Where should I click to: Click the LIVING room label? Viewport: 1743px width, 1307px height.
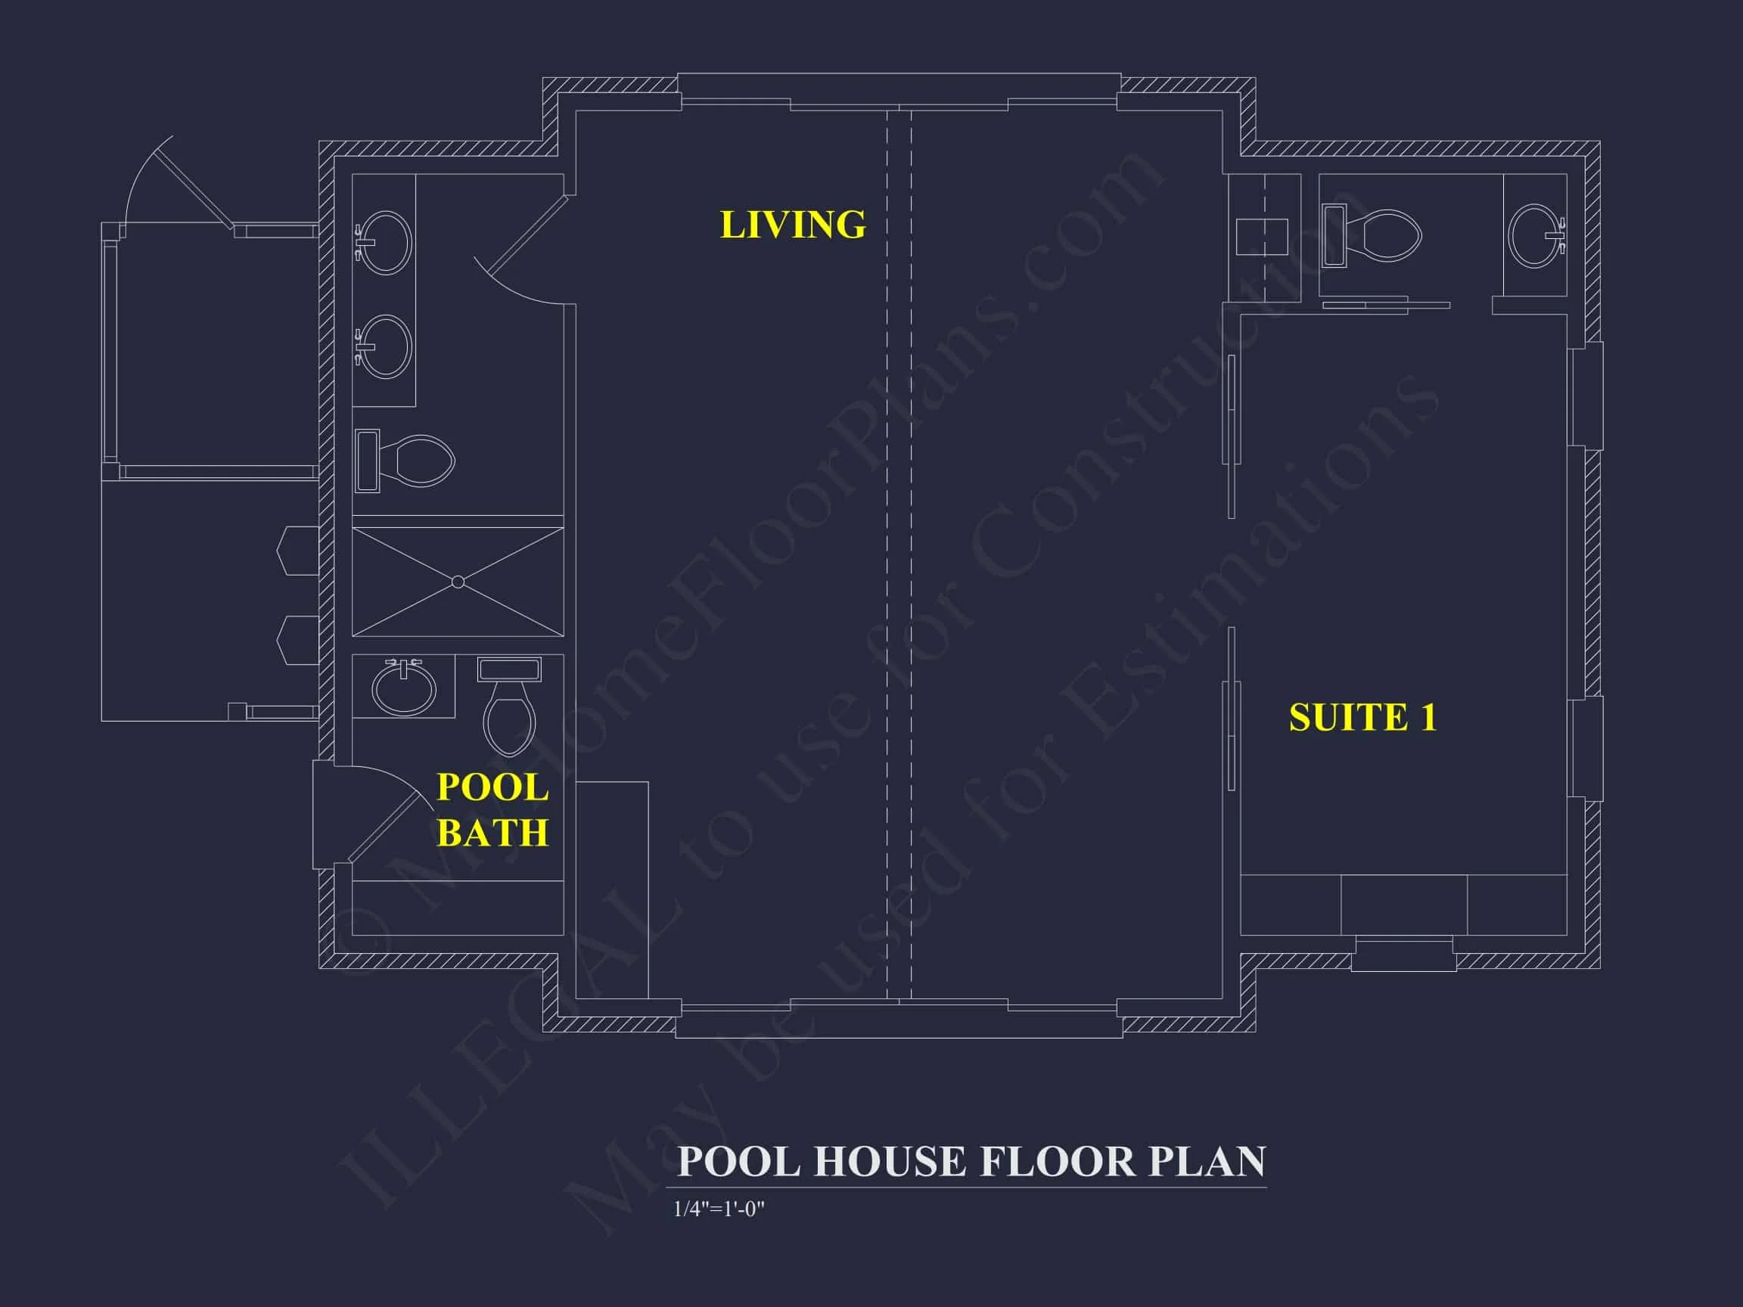coord(792,225)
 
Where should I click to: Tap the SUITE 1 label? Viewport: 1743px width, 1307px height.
coord(1362,718)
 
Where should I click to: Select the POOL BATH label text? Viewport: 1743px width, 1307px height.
coord(492,810)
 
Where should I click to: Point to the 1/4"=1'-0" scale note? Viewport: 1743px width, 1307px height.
coord(719,1209)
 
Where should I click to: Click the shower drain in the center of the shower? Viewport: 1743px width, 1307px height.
coord(458,582)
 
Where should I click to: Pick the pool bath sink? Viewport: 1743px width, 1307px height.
coord(403,686)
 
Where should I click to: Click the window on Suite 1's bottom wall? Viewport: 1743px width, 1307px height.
coord(1403,954)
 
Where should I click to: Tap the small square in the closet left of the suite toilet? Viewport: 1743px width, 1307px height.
coord(1262,236)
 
